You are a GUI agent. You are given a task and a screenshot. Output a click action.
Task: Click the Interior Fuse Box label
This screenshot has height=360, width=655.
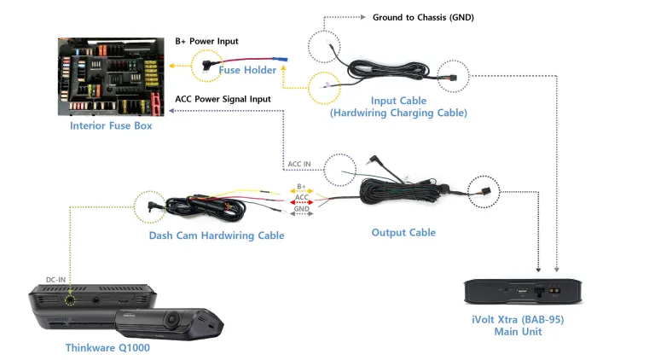pos(111,125)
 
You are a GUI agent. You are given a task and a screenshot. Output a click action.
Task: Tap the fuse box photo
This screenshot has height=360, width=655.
pos(111,77)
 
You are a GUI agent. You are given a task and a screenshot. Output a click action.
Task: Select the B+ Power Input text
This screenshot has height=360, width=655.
pos(206,41)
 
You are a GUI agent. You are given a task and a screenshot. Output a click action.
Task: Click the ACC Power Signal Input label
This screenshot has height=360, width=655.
pos(223,99)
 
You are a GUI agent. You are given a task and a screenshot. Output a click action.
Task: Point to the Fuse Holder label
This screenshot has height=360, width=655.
pos(247,71)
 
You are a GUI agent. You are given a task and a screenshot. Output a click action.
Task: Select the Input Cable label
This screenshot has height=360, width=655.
pos(398,101)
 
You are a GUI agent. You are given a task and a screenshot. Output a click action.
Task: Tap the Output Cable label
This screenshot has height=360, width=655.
pos(403,232)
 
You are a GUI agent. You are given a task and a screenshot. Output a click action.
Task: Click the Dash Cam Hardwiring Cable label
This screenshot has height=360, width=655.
pos(217,235)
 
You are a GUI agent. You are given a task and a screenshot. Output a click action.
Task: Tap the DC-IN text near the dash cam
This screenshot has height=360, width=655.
pos(56,279)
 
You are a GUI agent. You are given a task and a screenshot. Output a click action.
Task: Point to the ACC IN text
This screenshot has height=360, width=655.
pos(299,164)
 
